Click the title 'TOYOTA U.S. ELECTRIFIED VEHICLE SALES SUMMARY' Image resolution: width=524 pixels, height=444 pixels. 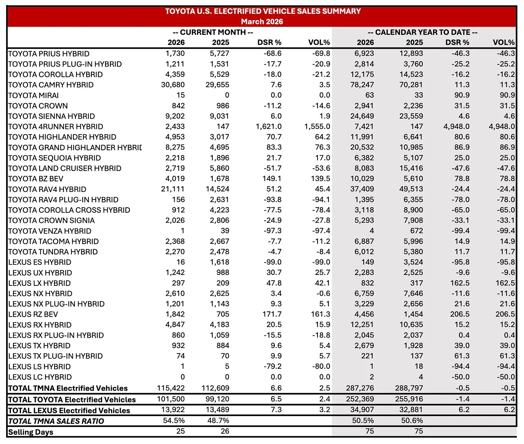pyautogui.click(x=263, y=11)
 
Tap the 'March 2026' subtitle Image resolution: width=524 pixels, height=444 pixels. pyautogui.click(x=262, y=22)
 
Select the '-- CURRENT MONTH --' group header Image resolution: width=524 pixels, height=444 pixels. pyautogui.click(x=213, y=32)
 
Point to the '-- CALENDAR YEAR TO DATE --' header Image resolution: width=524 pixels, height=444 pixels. pyautogui.click(x=422, y=32)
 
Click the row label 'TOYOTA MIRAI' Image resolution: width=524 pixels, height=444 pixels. pyautogui.click(x=33, y=95)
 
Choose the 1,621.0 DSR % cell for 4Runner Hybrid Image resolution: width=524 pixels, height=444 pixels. pyautogui.click(x=269, y=127)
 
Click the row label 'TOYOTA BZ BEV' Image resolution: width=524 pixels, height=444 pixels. pyautogui.click(x=36, y=179)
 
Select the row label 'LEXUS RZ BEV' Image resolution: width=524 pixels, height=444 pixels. pyautogui.click(x=33, y=314)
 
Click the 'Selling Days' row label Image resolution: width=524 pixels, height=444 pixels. pyautogui.click(x=31, y=432)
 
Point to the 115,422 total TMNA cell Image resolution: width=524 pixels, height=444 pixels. pyautogui.click(x=171, y=388)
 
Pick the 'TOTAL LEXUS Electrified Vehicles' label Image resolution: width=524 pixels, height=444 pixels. pyautogui.click(x=69, y=410)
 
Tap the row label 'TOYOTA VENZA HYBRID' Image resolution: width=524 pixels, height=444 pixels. pyautogui.click(x=50, y=231)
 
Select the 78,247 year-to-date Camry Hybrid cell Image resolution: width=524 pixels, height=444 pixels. pyautogui.click(x=362, y=85)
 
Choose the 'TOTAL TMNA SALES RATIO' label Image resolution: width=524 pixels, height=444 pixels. pyautogui.click(x=56, y=421)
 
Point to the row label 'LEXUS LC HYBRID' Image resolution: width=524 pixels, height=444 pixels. pyautogui.click(x=40, y=377)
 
